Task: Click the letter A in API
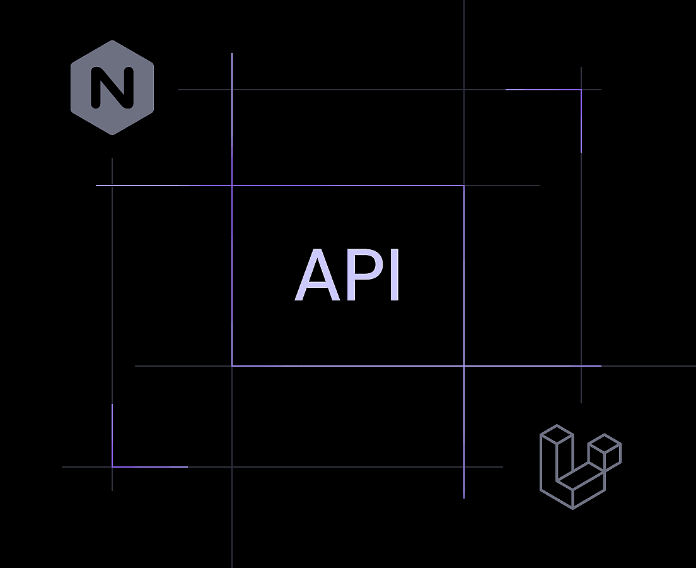tap(317, 275)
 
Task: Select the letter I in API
tap(394, 275)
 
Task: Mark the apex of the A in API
tap(317, 250)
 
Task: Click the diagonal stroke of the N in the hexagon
tap(112, 88)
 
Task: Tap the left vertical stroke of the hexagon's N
tap(95, 88)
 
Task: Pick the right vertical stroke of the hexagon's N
tap(129, 88)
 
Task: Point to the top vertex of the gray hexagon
tap(112, 41)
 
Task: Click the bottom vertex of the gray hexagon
tap(112, 134)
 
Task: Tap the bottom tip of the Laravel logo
tap(572, 509)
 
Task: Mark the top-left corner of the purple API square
tap(232, 186)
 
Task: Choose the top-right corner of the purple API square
tap(464, 186)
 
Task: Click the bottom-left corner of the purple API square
tap(232, 366)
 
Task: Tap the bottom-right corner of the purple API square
tap(464, 366)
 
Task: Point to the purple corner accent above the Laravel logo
tap(581, 90)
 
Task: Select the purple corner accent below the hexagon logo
tap(112, 466)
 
